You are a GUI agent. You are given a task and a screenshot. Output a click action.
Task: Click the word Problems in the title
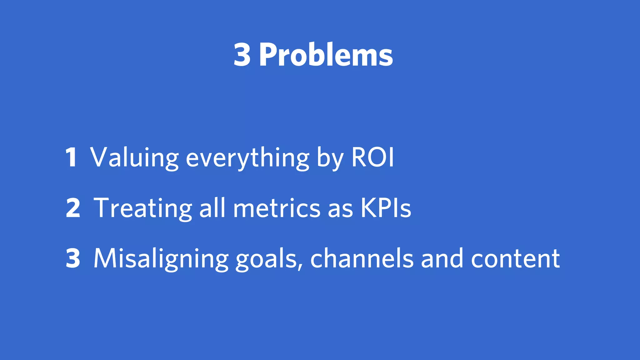326,55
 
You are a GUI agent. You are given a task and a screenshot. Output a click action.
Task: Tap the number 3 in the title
242,55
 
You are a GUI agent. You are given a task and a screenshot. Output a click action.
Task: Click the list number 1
71,157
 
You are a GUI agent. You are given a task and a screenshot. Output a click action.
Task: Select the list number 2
73,208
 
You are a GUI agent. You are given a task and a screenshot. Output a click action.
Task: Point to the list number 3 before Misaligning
73,258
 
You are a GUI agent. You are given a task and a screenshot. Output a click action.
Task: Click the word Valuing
134,157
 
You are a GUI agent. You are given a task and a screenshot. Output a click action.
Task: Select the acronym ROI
372,157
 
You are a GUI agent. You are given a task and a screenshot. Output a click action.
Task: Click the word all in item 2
212,207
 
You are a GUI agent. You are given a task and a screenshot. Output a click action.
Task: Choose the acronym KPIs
386,208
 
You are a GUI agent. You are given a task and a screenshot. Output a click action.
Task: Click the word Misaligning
161,259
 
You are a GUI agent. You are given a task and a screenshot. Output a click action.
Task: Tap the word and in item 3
442,258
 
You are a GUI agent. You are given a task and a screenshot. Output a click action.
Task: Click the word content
515,259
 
